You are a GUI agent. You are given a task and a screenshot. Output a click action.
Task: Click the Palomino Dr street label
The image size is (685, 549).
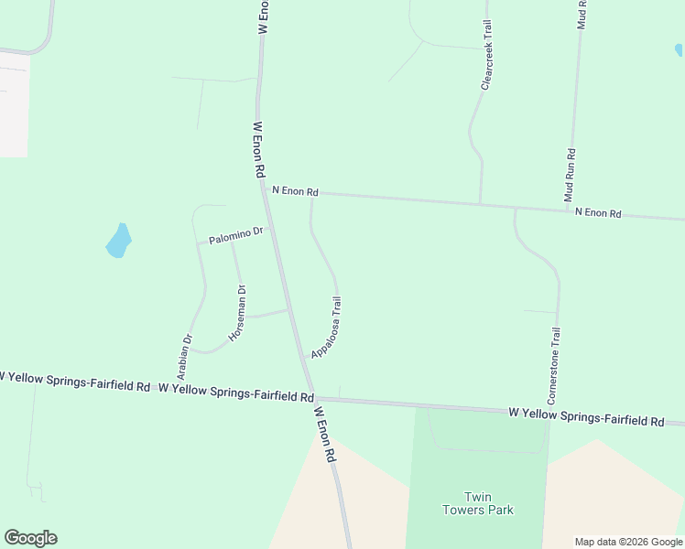click(x=235, y=235)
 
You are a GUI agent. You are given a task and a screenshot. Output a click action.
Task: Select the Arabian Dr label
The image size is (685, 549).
click(x=185, y=356)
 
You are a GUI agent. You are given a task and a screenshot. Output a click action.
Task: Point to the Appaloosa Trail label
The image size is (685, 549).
click(x=328, y=326)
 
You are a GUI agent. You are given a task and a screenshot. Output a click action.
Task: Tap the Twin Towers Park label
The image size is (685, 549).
click(x=477, y=502)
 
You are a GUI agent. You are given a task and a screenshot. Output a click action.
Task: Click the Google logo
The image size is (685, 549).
click(x=30, y=538)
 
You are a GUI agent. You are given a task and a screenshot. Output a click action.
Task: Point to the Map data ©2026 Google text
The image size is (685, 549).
click(x=627, y=542)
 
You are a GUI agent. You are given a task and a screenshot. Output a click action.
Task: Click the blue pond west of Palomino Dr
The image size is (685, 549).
click(x=119, y=241)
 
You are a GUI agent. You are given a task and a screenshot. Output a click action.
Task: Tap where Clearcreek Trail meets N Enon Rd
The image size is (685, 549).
click(x=481, y=204)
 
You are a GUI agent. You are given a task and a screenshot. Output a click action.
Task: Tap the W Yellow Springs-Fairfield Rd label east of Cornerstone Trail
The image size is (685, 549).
click(x=586, y=418)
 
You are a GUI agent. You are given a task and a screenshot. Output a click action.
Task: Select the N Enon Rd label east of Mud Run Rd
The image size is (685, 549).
click(x=598, y=213)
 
